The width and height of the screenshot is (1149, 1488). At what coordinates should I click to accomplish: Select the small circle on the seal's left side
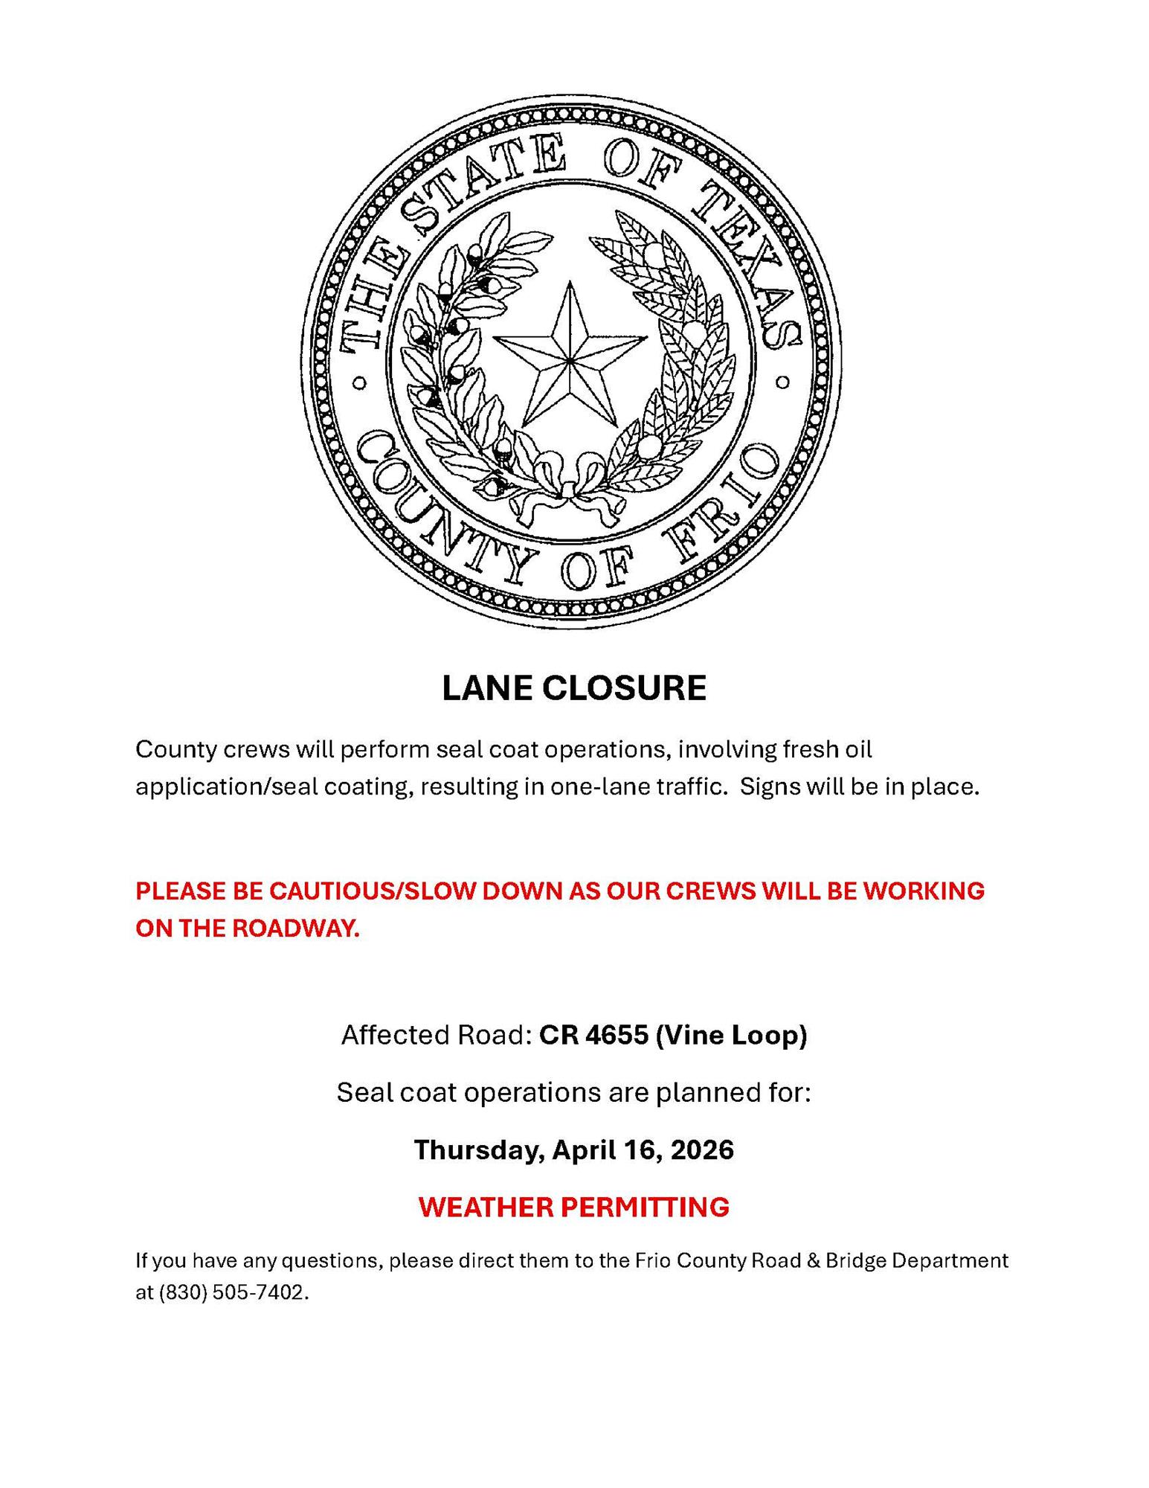tap(359, 384)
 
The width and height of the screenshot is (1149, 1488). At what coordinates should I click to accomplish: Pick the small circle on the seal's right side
tap(782, 382)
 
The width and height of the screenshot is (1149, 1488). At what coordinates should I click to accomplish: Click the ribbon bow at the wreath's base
tap(570, 495)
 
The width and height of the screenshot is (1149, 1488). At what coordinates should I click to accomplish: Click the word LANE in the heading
tap(487, 688)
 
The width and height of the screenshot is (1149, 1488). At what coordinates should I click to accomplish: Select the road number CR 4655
tap(593, 1035)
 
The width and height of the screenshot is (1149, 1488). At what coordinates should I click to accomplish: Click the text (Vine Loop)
tap(731, 1035)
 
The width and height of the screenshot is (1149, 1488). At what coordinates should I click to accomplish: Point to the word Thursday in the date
tap(480, 1149)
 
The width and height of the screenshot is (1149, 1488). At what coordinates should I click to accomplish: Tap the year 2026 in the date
tap(701, 1149)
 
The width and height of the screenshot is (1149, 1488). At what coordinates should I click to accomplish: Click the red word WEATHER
tap(484, 1206)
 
